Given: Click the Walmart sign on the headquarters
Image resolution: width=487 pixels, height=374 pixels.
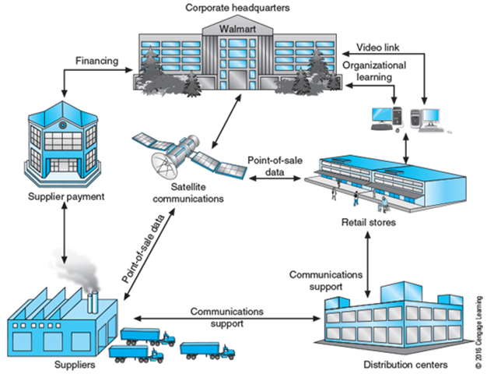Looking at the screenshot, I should [233, 28].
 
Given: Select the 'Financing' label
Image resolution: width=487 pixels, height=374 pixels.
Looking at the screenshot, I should [96, 60].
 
